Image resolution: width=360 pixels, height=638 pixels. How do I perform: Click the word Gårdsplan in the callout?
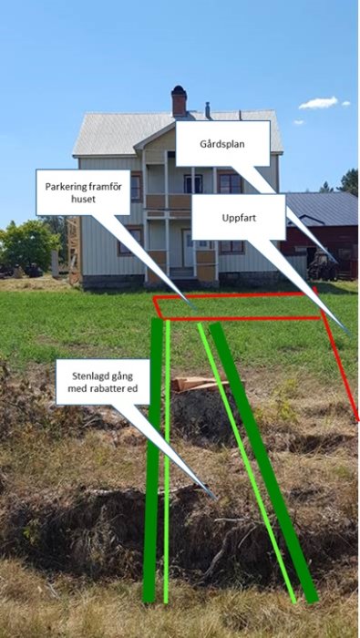(x=223, y=144)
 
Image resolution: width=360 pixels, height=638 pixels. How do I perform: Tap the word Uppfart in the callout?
(x=239, y=218)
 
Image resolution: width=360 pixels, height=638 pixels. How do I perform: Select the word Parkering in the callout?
(x=67, y=187)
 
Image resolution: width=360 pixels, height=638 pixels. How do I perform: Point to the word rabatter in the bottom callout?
(x=107, y=388)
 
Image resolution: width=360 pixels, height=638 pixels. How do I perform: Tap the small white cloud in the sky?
(x=318, y=103)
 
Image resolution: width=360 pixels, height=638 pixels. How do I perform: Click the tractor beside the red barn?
(x=323, y=265)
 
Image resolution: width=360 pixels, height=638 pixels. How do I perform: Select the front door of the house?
(x=188, y=249)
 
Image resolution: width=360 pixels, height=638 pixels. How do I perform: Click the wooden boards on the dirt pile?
(x=194, y=384)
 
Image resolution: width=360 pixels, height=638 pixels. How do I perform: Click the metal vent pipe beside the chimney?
(x=208, y=110)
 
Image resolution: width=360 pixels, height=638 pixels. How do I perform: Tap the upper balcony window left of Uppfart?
(x=193, y=183)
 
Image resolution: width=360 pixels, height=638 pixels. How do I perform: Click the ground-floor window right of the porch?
(x=231, y=247)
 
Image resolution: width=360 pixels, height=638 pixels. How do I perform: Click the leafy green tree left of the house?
(x=29, y=245)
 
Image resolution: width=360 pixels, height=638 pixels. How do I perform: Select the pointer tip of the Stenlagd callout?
(x=214, y=499)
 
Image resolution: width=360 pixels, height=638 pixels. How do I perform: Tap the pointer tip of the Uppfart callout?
(x=349, y=334)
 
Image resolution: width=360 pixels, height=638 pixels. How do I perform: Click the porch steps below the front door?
(x=182, y=273)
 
